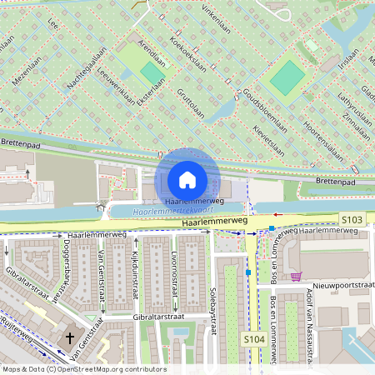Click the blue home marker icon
coord(187,179)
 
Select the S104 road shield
coord(255,339)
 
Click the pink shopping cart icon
coord(296,276)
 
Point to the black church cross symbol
coord(70,338)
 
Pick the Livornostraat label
coord(175,275)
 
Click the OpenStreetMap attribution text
coord(83,368)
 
